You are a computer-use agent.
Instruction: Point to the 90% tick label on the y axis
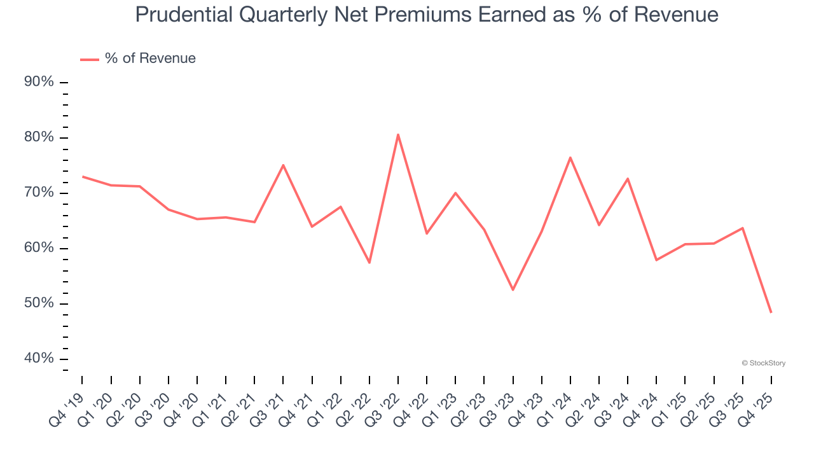click(x=39, y=82)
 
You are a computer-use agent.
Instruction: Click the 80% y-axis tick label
click(x=39, y=137)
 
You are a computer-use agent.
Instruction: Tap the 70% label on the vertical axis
click(x=39, y=193)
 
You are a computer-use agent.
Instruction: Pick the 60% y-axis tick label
click(x=39, y=248)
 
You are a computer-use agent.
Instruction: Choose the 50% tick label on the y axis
click(x=39, y=303)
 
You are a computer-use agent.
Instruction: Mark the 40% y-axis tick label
click(x=39, y=359)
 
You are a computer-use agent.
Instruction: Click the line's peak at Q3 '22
click(x=398, y=134)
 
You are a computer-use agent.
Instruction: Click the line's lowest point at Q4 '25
click(x=771, y=312)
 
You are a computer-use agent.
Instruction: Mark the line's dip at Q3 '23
click(x=513, y=290)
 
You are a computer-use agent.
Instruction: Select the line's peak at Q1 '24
click(x=570, y=157)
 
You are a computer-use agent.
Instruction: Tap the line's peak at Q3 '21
click(x=283, y=165)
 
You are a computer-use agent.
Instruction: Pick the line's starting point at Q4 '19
click(x=83, y=176)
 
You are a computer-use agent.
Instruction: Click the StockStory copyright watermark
click(x=763, y=363)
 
